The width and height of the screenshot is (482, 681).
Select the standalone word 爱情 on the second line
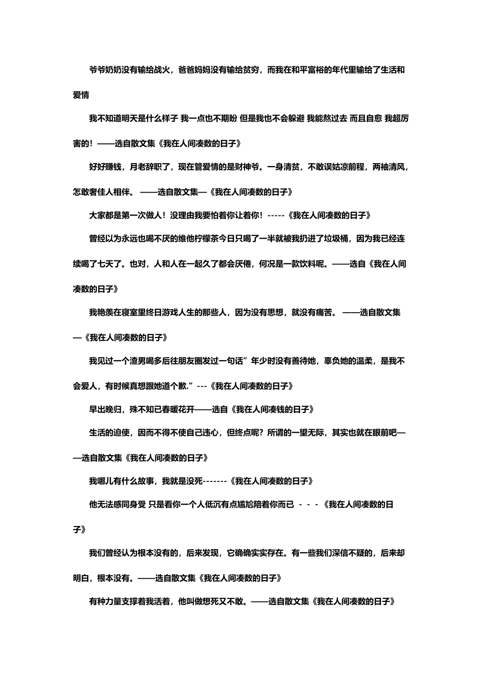(x=81, y=95)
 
